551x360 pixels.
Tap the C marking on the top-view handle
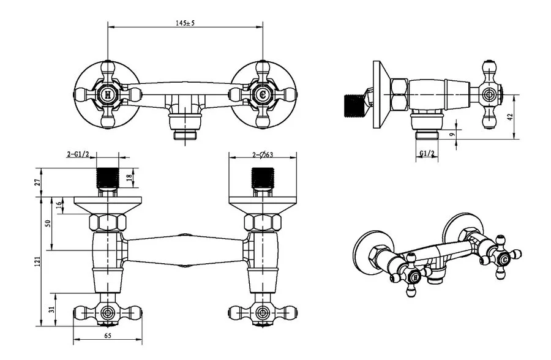(x=263, y=95)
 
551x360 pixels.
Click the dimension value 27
(x=38, y=182)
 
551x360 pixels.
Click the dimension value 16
(x=59, y=205)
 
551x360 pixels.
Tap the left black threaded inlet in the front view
(x=109, y=177)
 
